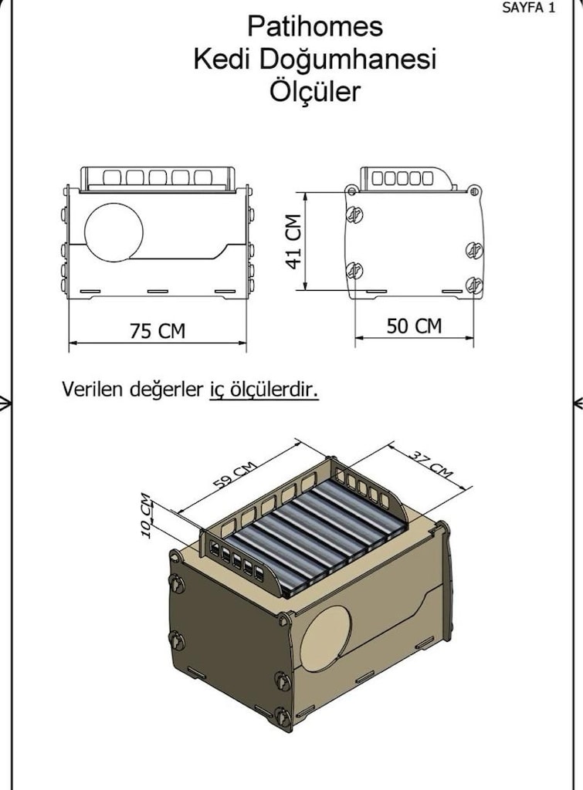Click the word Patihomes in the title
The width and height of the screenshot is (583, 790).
[x=315, y=27]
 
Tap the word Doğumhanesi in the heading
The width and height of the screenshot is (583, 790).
[x=347, y=59]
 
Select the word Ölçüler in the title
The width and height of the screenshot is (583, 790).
[x=315, y=91]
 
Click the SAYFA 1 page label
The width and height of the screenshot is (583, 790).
[x=528, y=8]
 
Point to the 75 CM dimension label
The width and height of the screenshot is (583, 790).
[x=158, y=331]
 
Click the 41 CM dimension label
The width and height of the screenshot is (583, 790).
[x=293, y=241]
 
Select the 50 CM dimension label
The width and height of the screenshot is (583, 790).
[x=414, y=326]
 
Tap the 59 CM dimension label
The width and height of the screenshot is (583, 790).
[x=235, y=474]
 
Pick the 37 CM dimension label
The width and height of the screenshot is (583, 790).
[x=430, y=464]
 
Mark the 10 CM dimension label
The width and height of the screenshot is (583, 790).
[x=145, y=515]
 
